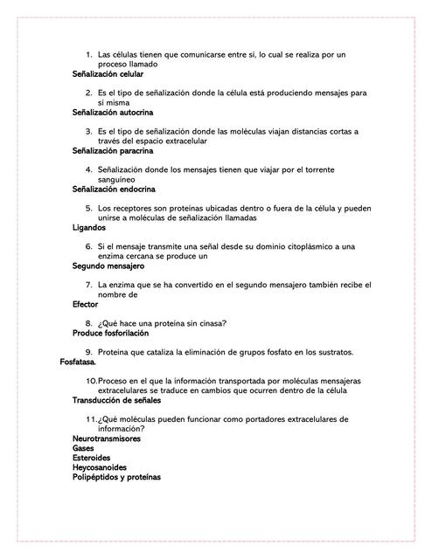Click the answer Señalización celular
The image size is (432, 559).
point(108,74)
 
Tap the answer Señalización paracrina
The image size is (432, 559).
point(113,151)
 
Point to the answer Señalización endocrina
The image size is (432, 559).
point(114,189)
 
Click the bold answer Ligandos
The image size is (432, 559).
point(89,227)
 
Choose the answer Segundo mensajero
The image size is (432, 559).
point(108,266)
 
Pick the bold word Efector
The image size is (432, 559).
point(86,305)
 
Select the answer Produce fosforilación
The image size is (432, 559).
point(110,333)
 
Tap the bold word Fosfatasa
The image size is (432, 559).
point(78,362)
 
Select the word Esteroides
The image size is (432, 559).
point(91,458)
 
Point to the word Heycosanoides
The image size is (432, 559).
point(100,467)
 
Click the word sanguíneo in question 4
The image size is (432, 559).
point(117,179)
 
